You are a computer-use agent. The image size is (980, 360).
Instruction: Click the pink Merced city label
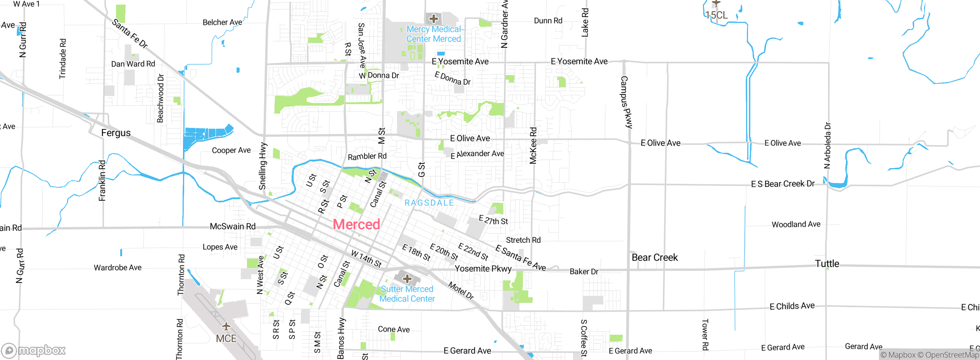click(x=356, y=224)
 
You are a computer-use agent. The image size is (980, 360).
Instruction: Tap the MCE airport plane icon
click(x=226, y=326)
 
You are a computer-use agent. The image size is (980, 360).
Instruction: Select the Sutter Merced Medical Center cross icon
click(x=407, y=278)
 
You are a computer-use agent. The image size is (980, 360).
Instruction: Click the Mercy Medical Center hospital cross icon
click(x=433, y=18)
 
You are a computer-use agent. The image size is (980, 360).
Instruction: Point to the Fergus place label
click(x=116, y=133)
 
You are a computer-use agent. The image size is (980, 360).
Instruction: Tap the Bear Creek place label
click(x=655, y=257)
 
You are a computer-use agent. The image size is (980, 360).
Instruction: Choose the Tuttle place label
click(x=827, y=263)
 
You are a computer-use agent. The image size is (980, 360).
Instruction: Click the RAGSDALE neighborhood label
click(x=429, y=203)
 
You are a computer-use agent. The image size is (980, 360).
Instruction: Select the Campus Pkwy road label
click(x=626, y=102)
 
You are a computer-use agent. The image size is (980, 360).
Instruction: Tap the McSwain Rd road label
click(x=232, y=226)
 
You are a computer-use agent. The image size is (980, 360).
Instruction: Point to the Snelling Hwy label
click(x=263, y=166)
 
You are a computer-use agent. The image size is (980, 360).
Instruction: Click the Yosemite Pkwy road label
click(x=483, y=268)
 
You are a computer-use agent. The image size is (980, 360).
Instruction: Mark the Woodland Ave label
click(x=796, y=224)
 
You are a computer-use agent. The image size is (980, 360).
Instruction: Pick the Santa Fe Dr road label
click(x=130, y=34)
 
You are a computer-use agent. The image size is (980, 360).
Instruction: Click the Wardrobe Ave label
click(x=118, y=267)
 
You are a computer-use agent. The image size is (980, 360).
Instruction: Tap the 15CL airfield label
click(x=716, y=15)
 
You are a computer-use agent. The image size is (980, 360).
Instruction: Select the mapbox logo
click(x=34, y=350)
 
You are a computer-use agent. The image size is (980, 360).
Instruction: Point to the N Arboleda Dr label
click(x=827, y=146)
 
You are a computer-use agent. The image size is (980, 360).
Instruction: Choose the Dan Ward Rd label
click(x=133, y=64)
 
